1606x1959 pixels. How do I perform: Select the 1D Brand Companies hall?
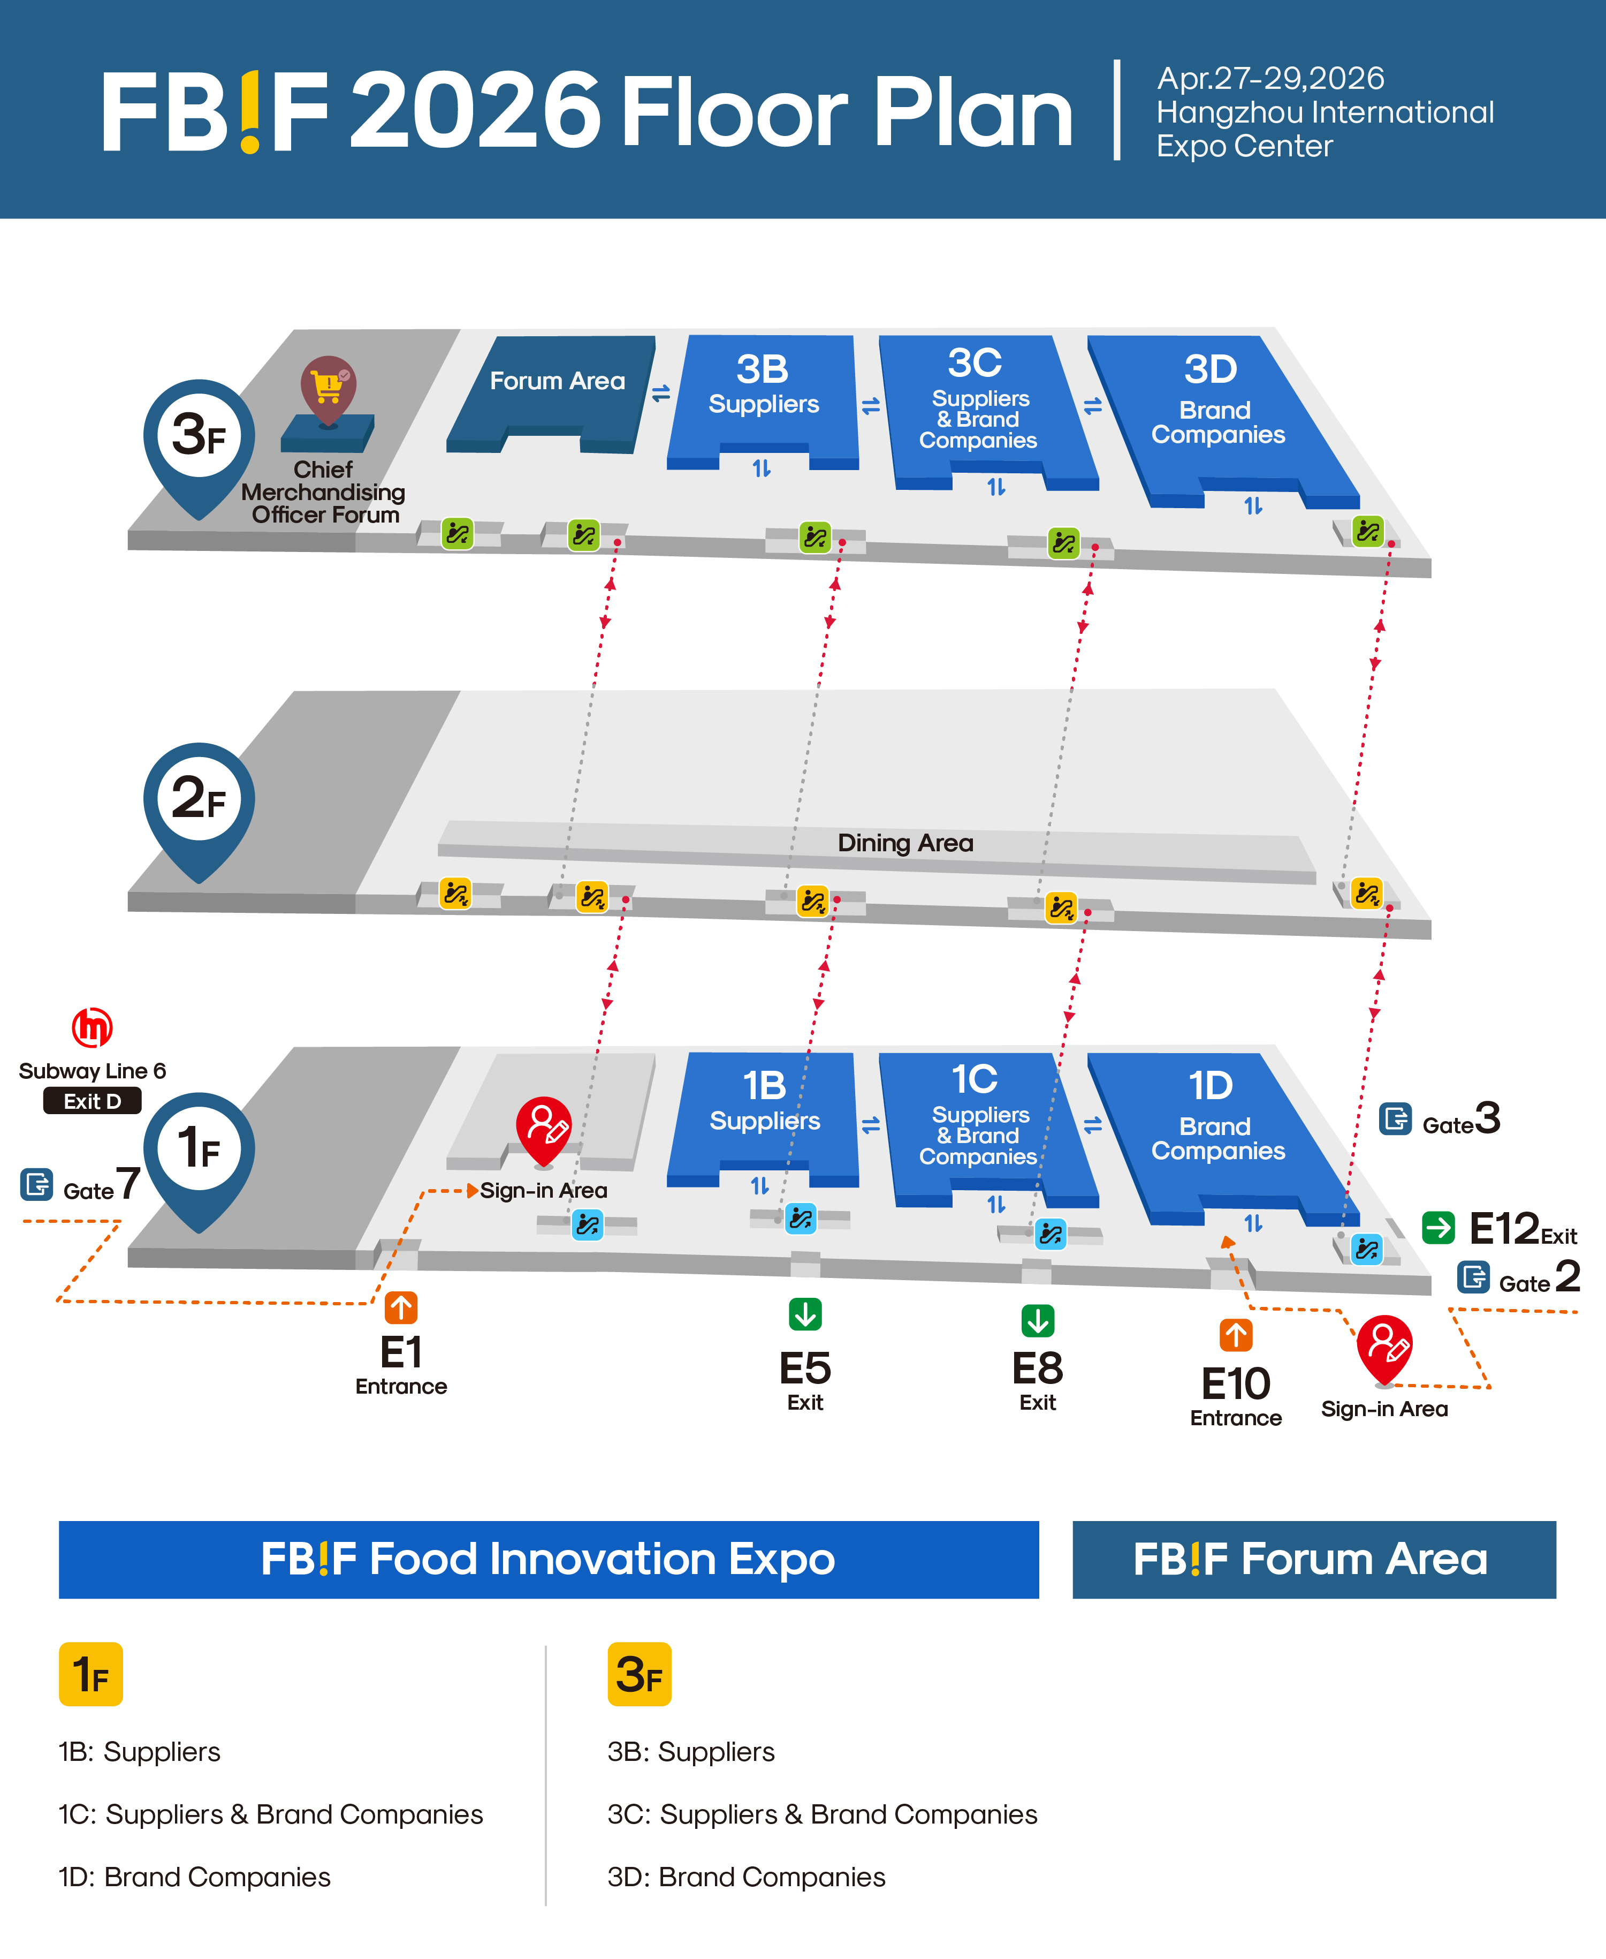click(1216, 1129)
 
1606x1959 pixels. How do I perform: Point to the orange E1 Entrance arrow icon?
click(401, 1307)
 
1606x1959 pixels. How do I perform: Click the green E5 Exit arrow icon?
click(805, 1314)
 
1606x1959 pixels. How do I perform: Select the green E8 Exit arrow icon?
click(1037, 1320)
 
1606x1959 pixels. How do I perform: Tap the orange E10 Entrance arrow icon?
click(1236, 1335)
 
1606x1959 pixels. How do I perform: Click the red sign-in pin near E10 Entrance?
click(1384, 1348)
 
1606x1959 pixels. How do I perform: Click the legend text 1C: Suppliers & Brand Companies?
click(270, 1814)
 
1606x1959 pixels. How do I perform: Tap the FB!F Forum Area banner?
click(1314, 1559)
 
